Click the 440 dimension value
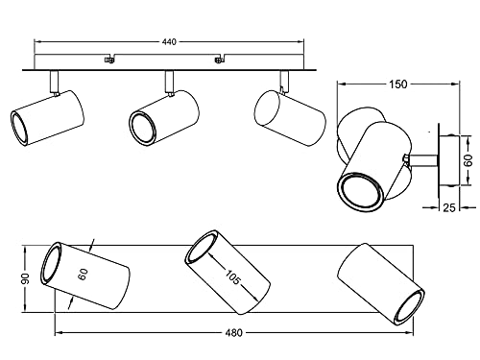pyautogui.click(x=169, y=41)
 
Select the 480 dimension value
pyautogui.click(x=234, y=333)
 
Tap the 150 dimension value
pyautogui.click(x=398, y=84)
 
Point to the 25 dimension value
pyautogui.click(x=449, y=208)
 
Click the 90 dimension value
pyautogui.click(x=25, y=278)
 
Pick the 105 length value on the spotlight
pyautogui.click(x=232, y=277)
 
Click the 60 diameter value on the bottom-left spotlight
pyautogui.click(x=83, y=275)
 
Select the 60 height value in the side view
pyautogui.click(x=468, y=160)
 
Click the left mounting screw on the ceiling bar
pyautogui.click(x=109, y=60)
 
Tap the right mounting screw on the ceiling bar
pyautogui.click(x=218, y=60)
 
